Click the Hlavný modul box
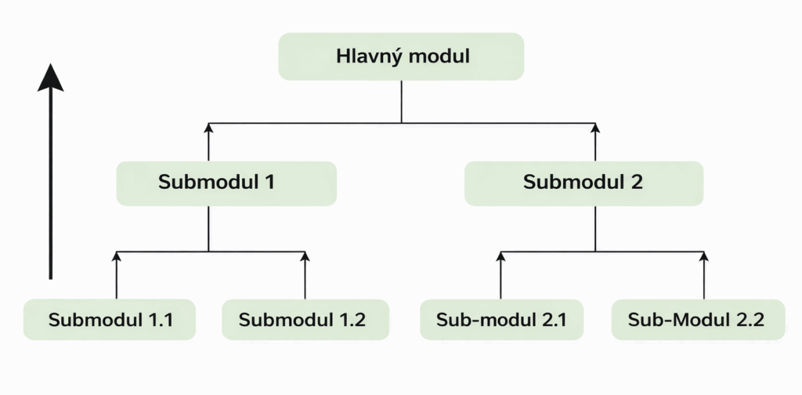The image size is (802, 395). pos(401,56)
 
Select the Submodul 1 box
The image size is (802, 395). pos(226,183)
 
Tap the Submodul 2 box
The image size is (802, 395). pos(583,183)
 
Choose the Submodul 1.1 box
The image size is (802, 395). pos(109,320)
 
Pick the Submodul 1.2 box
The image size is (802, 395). pos(305,320)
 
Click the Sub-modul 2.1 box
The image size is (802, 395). pos(501,320)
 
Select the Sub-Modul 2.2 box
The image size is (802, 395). pos(697,320)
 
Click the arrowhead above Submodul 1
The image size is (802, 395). pos(208,128)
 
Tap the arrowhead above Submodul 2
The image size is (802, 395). pos(595,128)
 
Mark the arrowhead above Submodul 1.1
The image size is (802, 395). pos(116,256)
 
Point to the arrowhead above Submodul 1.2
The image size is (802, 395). pos(305,256)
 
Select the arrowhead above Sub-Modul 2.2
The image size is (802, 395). pos(703,256)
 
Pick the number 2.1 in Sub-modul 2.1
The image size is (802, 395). pos(550,320)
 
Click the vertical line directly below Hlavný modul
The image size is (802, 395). pos(401,102)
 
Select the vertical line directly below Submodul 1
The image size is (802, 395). pos(208,229)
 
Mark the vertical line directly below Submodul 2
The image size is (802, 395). pos(595,229)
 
